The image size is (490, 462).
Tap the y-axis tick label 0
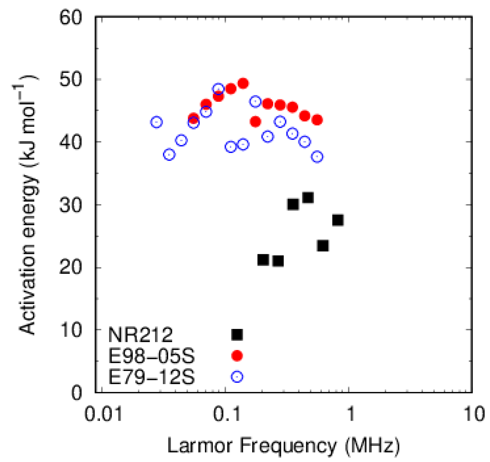click(76, 393)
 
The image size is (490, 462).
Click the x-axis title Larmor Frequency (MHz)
click(283, 445)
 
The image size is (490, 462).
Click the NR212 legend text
click(140, 335)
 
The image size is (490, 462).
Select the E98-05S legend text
click(151, 356)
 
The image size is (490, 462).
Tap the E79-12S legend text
click(151, 377)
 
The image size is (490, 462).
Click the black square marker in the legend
click(237, 335)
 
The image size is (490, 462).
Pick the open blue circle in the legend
click(237, 377)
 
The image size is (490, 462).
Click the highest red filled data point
click(243, 84)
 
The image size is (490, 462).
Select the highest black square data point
click(308, 197)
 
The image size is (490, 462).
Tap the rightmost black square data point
click(337, 221)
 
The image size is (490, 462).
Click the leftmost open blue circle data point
click(156, 122)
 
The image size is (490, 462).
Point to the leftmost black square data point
click(263, 260)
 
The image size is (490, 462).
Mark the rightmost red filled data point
click(317, 120)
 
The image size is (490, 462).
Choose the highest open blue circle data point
click(218, 89)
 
